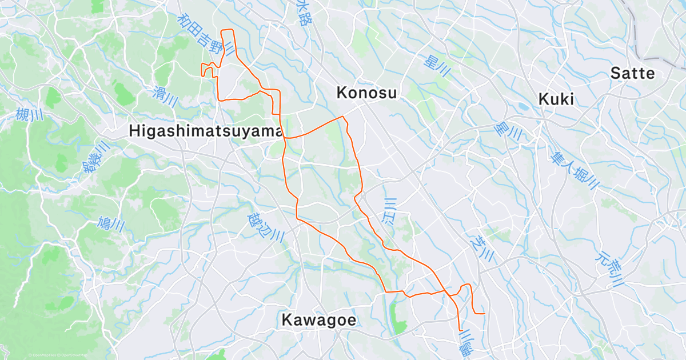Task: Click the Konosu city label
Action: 366,93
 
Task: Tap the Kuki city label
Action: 556,99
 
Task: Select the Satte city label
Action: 632,73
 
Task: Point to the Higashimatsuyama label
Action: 206,131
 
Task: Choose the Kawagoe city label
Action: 318,320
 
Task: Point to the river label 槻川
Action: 30,115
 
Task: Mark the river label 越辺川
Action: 266,227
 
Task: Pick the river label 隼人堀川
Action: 575,169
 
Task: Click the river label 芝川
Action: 478,249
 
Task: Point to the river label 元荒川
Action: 612,268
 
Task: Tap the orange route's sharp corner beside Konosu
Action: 344,117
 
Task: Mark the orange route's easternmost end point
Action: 485,314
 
